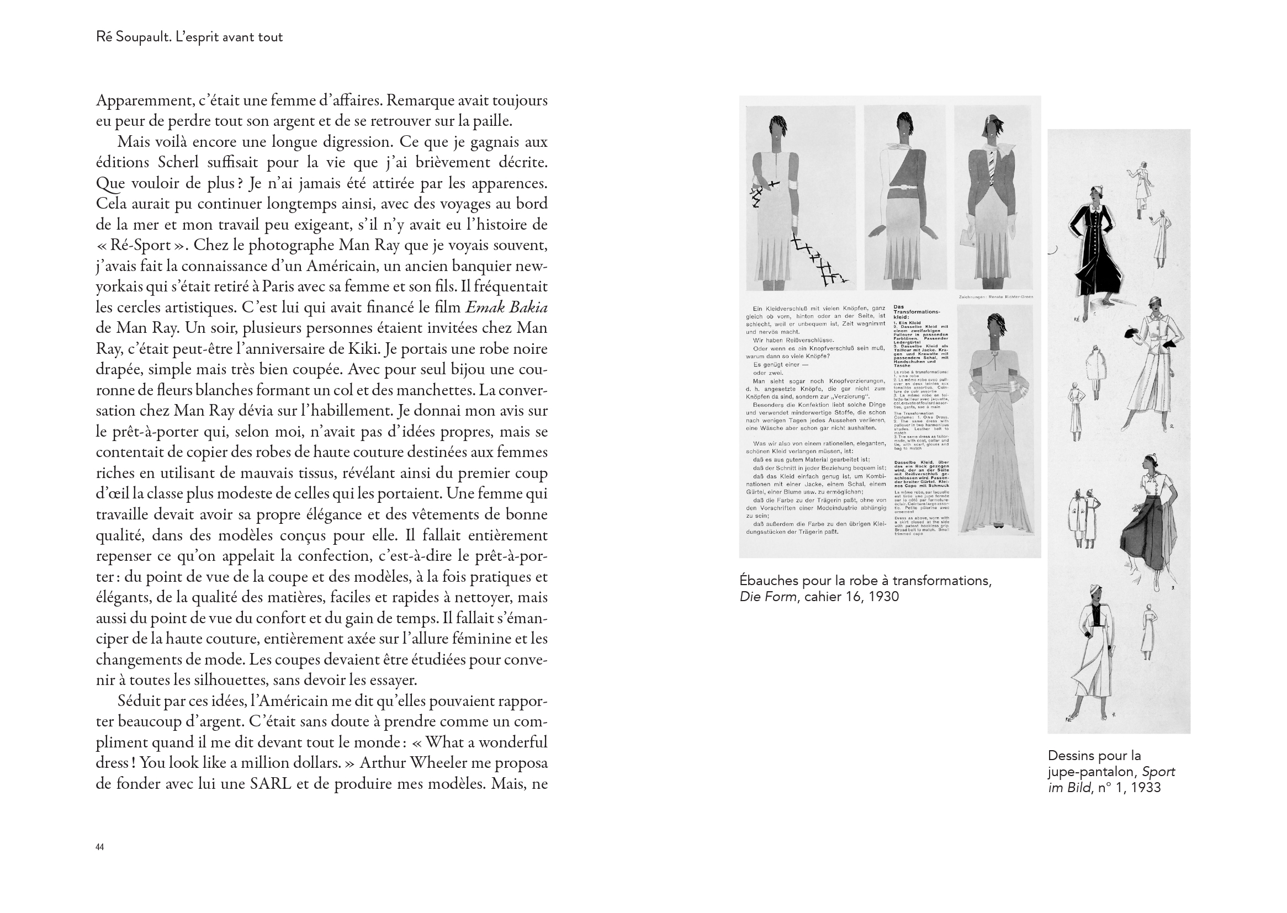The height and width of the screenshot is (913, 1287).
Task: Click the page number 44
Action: [x=99, y=847]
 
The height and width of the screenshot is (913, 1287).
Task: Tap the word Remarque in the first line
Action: [x=420, y=100]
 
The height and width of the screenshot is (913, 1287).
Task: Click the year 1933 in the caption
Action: [x=1145, y=787]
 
